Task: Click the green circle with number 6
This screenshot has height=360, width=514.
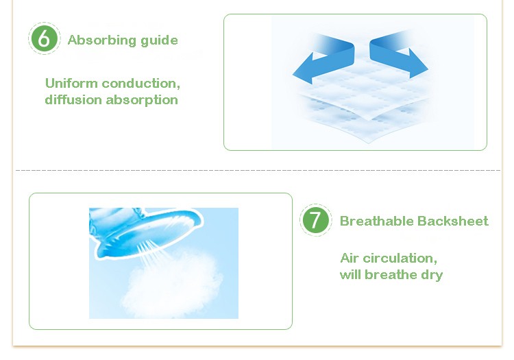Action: coord(45,38)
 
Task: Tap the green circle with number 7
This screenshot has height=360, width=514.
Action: coord(315,219)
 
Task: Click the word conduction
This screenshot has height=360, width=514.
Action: coord(141,84)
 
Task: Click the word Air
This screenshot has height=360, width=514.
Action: coord(350,259)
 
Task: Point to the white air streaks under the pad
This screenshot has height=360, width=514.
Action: coord(149,254)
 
